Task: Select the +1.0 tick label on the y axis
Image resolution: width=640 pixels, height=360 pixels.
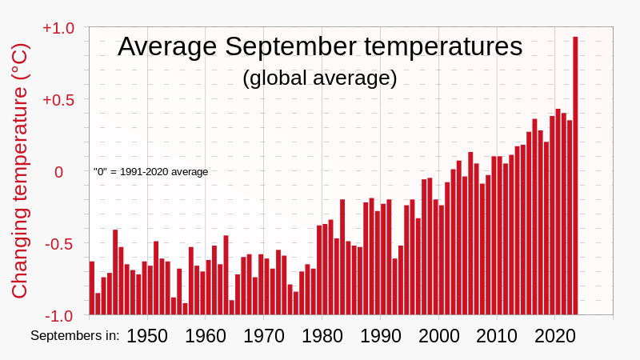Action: click(58, 28)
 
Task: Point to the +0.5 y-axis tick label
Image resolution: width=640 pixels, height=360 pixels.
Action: click(58, 100)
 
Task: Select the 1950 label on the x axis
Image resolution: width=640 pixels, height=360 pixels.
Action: click(147, 336)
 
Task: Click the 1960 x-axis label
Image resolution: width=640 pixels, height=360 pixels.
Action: click(206, 336)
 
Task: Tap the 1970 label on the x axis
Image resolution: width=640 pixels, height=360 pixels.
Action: click(264, 336)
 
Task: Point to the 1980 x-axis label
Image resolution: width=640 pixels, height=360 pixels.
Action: click(322, 336)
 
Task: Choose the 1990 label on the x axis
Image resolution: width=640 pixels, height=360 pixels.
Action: click(380, 336)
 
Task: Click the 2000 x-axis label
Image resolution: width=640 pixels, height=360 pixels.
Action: click(438, 336)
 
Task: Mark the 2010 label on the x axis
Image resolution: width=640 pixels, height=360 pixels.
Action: click(497, 336)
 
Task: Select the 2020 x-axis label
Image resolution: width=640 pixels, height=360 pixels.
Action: click(555, 336)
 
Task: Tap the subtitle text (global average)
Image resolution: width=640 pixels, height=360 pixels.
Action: click(320, 78)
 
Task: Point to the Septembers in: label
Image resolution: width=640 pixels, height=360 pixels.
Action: click(75, 336)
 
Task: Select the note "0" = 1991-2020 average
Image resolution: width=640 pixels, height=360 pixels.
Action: click(150, 171)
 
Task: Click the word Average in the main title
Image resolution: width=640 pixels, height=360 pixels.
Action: click(166, 46)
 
